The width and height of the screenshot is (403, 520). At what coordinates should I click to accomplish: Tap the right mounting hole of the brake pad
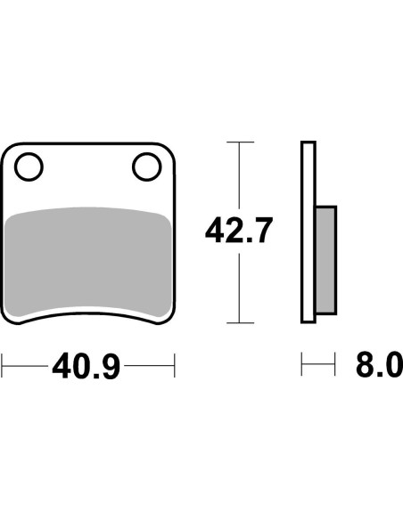tap(144, 165)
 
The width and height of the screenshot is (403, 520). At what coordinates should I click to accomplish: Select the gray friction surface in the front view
tap(87, 258)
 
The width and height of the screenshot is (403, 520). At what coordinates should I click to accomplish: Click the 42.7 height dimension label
tap(238, 232)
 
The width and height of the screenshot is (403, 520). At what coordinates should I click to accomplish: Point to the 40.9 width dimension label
tap(86, 366)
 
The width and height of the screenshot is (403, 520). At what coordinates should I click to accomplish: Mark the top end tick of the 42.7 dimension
tap(238, 142)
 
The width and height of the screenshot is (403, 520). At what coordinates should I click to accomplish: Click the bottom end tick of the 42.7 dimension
tap(238, 322)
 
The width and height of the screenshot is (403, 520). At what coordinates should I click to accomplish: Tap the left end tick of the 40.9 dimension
tap(3, 365)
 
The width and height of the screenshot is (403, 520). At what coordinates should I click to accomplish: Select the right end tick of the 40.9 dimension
tap(174, 365)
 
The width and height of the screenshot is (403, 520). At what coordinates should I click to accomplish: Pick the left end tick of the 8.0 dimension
tap(302, 365)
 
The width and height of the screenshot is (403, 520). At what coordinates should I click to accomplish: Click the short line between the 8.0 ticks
tap(319, 365)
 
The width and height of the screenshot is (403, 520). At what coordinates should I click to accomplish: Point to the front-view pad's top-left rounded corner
tap(11, 150)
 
